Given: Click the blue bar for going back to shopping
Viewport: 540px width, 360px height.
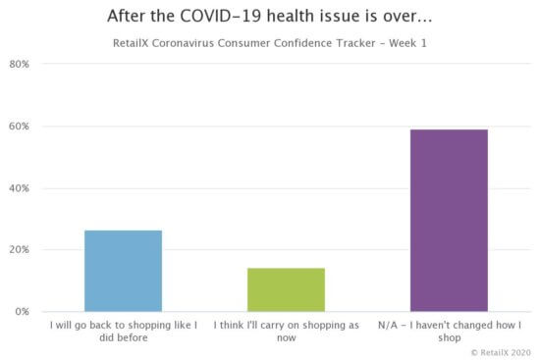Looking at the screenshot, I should [123, 271].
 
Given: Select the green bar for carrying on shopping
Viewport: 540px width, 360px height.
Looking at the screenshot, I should [286, 289].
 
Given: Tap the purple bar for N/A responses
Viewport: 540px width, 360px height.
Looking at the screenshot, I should [449, 221].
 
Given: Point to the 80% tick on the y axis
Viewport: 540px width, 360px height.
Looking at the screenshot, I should [19, 65].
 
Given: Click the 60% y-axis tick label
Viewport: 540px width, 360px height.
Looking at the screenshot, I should [19, 127].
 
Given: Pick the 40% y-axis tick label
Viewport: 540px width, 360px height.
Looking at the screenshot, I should [19, 188].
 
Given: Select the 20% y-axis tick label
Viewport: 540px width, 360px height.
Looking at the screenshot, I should [19, 250].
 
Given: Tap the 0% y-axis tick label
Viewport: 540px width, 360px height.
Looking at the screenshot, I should [22, 312].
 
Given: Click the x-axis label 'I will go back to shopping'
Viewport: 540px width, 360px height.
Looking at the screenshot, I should [123, 330].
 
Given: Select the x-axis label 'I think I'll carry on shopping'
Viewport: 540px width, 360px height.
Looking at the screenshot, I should [286, 330].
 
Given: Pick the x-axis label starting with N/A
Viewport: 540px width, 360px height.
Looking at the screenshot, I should [449, 330].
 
